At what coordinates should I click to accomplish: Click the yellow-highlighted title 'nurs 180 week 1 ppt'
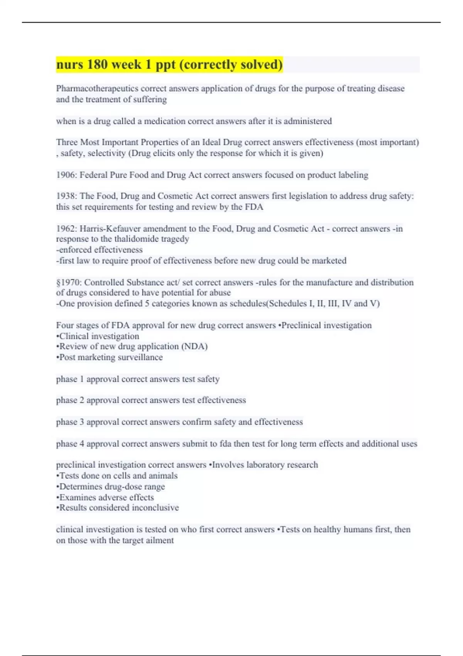pyautogui.click(x=169, y=64)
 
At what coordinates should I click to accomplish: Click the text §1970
pyautogui.click(x=68, y=282)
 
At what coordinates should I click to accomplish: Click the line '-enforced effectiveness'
pyautogui.click(x=99, y=250)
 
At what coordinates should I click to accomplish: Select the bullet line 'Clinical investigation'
pyautogui.click(x=98, y=336)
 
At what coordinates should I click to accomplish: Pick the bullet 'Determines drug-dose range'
pyautogui.click(x=111, y=487)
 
